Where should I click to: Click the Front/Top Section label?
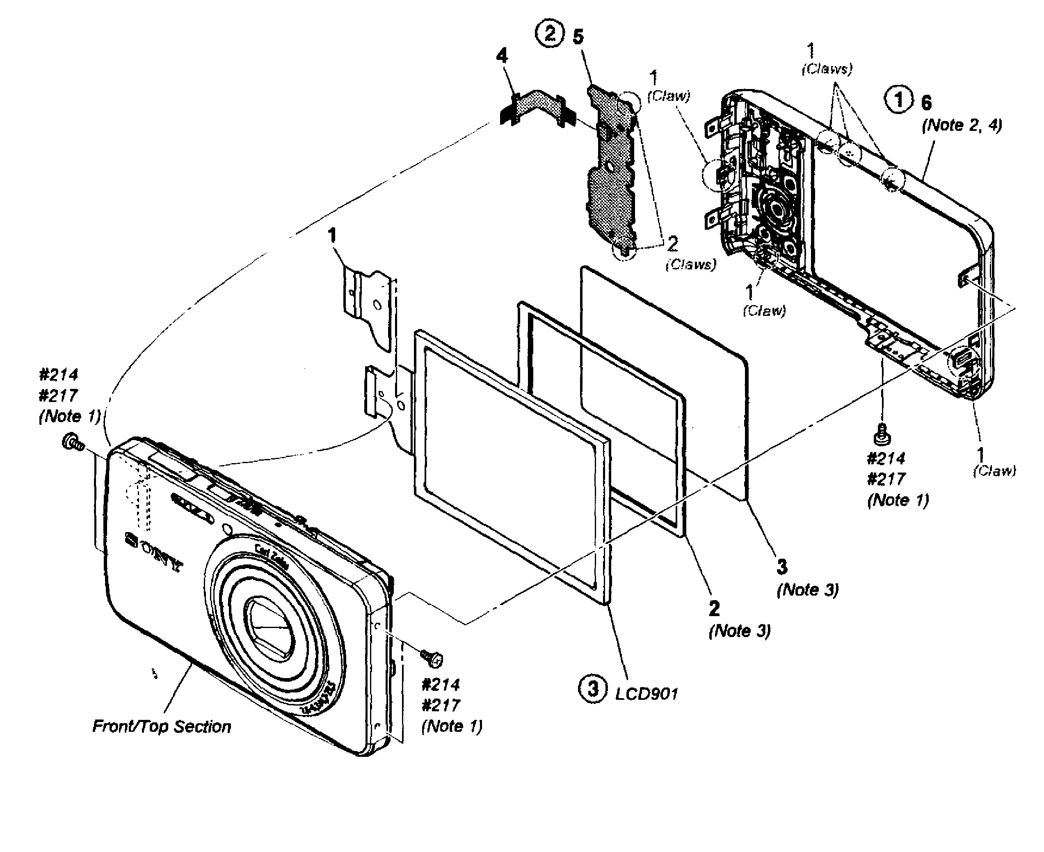pyautogui.click(x=162, y=726)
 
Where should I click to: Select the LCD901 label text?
pyautogui.click(x=646, y=694)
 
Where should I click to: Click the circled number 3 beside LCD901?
pyautogui.click(x=593, y=689)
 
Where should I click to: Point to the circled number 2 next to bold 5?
pyautogui.click(x=550, y=34)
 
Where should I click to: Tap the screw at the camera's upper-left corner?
pyautogui.click(x=72, y=442)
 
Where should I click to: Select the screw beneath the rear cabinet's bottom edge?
pyautogui.click(x=882, y=434)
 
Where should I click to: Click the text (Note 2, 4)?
pyautogui.click(x=962, y=125)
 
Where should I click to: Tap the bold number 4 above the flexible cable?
pyautogui.click(x=502, y=55)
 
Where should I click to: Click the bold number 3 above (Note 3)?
pyautogui.click(x=782, y=566)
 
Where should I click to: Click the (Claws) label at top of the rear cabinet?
pyautogui.click(x=827, y=69)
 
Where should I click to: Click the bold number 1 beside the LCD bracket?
pyautogui.click(x=332, y=235)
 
